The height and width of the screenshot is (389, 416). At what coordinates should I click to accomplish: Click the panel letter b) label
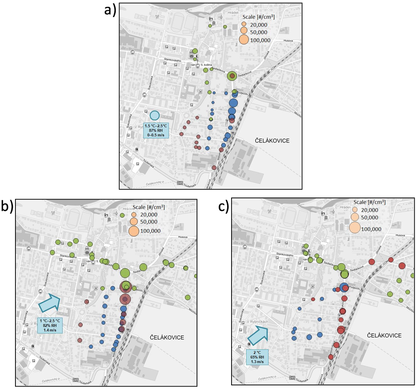tap(7, 207)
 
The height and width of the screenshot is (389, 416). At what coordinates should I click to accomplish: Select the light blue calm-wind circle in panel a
tap(154, 116)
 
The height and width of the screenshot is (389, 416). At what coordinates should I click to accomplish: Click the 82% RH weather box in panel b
tap(50, 325)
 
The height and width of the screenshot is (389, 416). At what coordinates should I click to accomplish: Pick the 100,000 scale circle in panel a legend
tap(244, 39)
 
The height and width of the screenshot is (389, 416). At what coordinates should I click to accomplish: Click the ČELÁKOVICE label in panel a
tap(271, 140)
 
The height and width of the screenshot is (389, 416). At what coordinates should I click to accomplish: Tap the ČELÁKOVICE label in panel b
tap(167, 337)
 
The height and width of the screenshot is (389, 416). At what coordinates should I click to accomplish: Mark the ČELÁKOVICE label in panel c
tap(384, 335)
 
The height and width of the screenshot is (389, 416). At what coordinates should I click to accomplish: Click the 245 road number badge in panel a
tap(180, 184)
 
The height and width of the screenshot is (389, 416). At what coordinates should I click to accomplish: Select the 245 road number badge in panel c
tap(291, 378)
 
